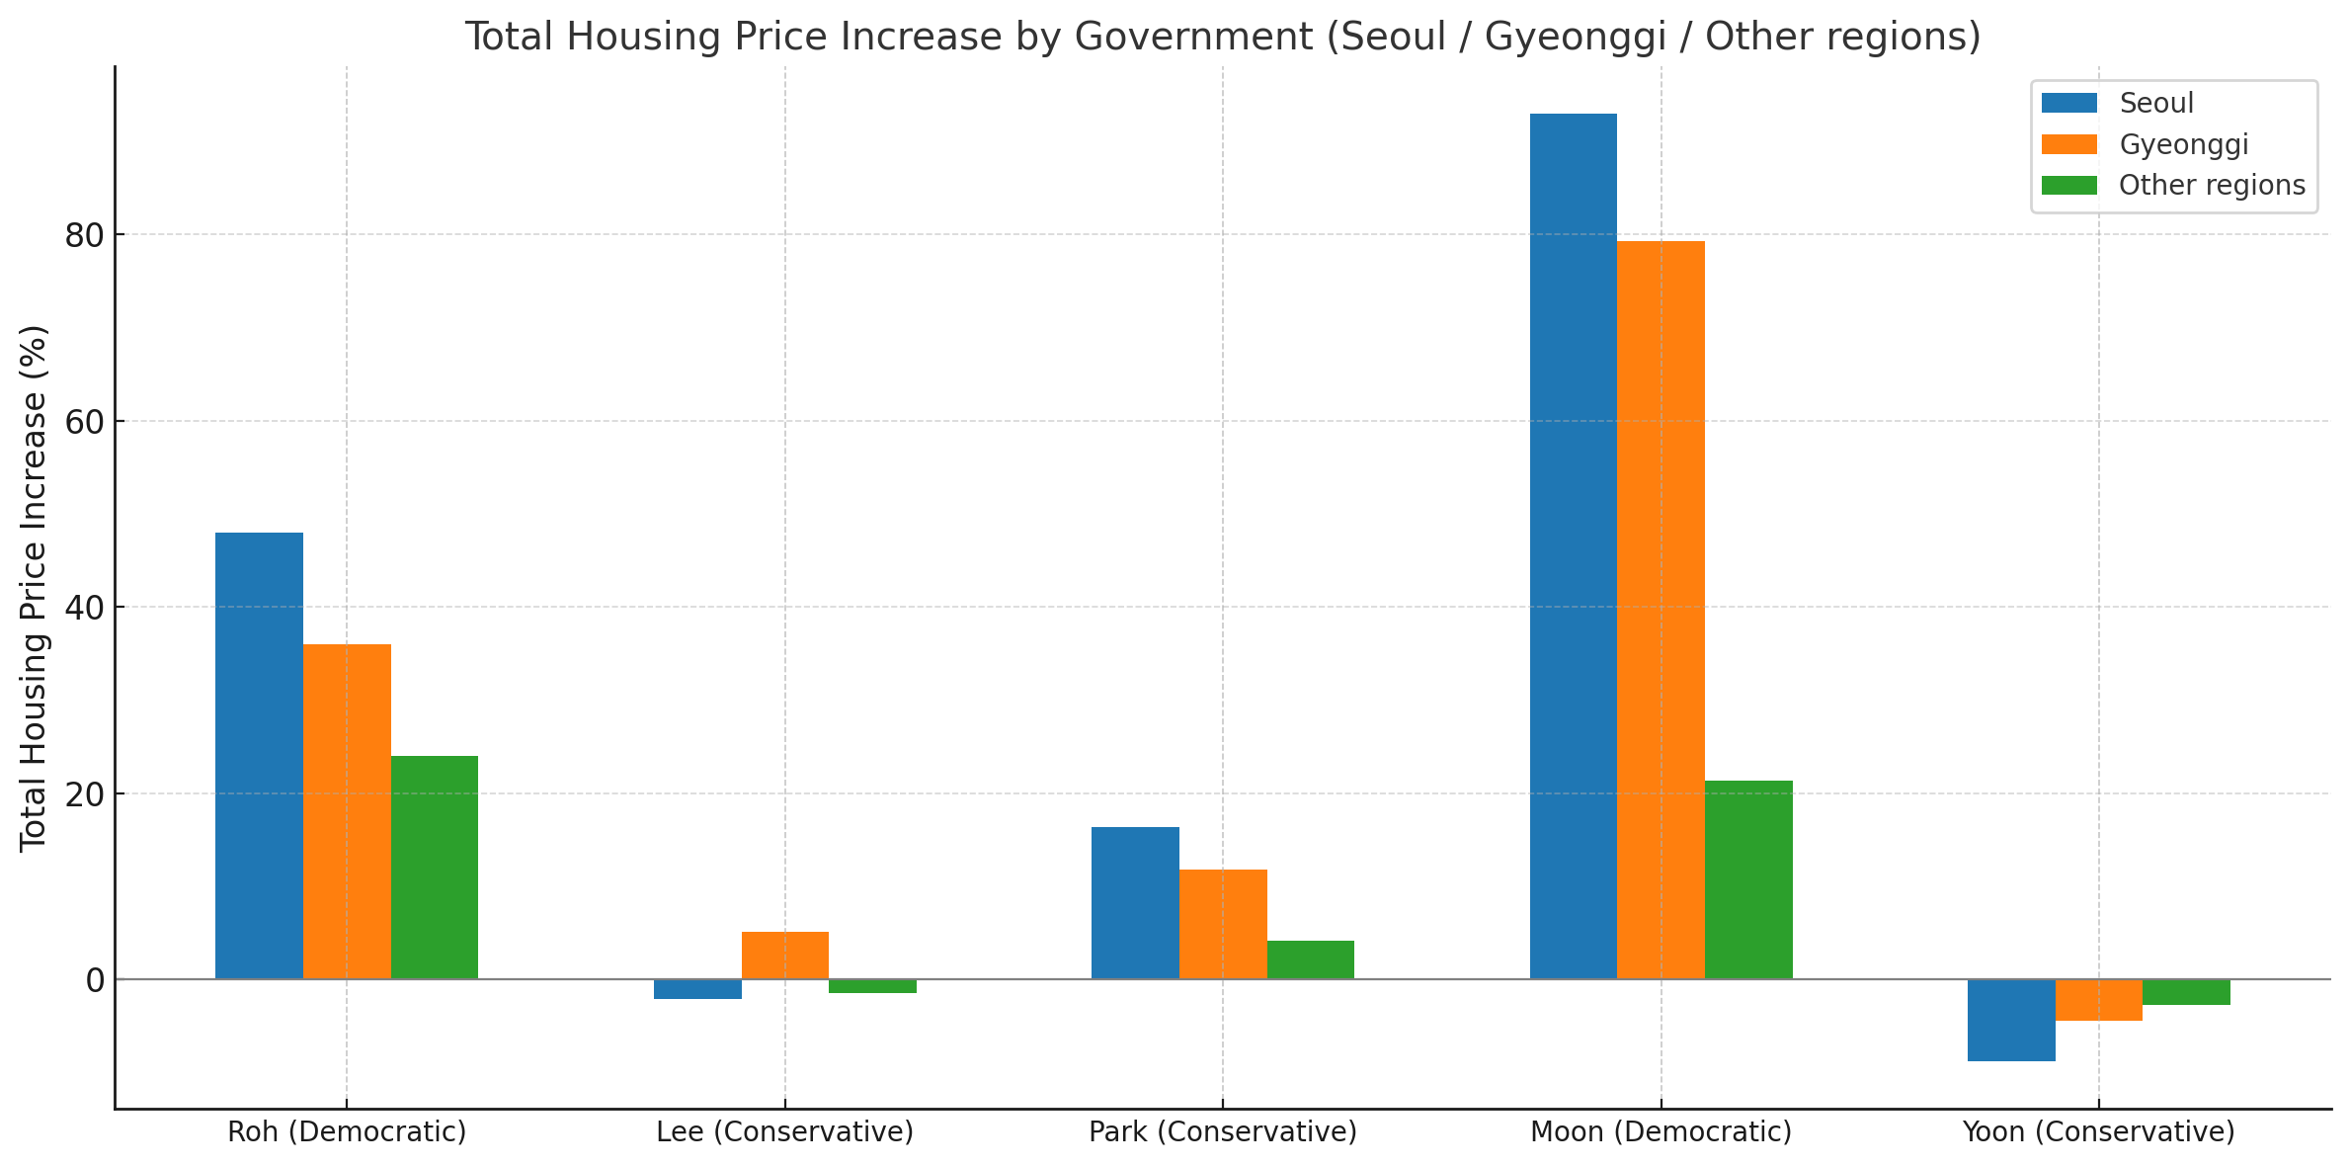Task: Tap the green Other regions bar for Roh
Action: tap(435, 867)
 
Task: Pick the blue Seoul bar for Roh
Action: tap(259, 755)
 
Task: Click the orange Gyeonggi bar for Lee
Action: tap(785, 955)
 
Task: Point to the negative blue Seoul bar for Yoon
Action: tap(2011, 1019)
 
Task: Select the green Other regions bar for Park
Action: tap(1310, 959)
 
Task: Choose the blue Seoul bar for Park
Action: tap(1135, 902)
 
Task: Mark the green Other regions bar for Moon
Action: tap(1748, 879)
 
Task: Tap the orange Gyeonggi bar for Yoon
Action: tap(2099, 999)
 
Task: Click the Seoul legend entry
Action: tap(2156, 103)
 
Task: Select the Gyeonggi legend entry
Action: tap(2183, 144)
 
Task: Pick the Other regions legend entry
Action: tap(2212, 186)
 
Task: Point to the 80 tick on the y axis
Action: tap(85, 235)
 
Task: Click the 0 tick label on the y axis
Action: tap(95, 980)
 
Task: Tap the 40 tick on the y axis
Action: tap(85, 608)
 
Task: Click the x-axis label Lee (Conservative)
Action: tap(785, 1132)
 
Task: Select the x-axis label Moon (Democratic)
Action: tap(1661, 1132)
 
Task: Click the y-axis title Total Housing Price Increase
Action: tap(34, 587)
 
